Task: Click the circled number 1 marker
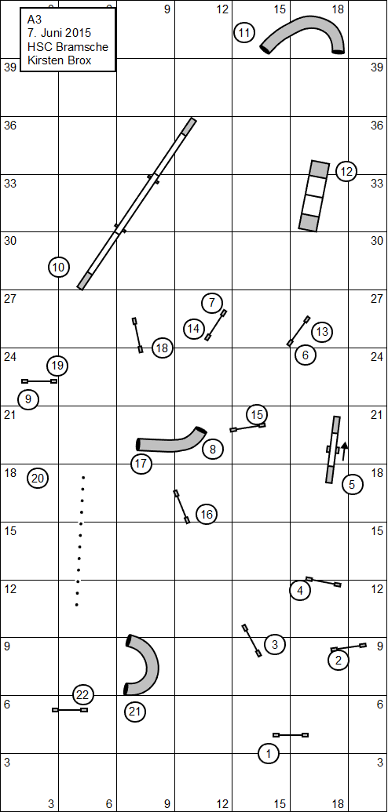pyautogui.click(x=268, y=753)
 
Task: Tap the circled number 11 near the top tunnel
pyautogui.click(x=244, y=33)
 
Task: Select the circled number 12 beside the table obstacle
pyautogui.click(x=346, y=171)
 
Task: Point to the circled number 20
pyautogui.click(x=38, y=478)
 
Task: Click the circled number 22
pyautogui.click(x=83, y=694)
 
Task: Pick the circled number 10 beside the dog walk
pyautogui.click(x=59, y=268)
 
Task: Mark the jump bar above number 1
pyautogui.click(x=291, y=735)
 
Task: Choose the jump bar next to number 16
pyautogui.click(x=181, y=507)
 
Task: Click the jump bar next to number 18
pyautogui.click(x=137, y=335)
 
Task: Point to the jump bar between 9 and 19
pyautogui.click(x=39, y=381)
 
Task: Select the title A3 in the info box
pyautogui.click(x=34, y=20)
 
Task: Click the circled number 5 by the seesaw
pyautogui.click(x=352, y=485)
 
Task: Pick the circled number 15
pyautogui.click(x=257, y=414)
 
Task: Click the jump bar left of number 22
pyautogui.click(x=70, y=710)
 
